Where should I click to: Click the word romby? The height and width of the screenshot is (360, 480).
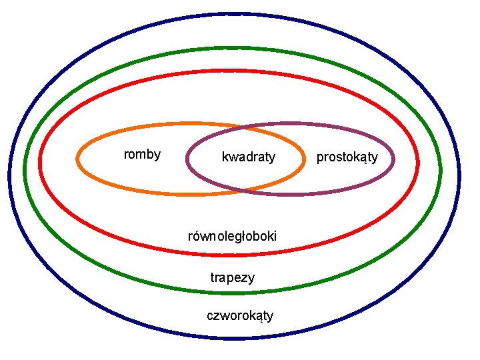click(142, 155)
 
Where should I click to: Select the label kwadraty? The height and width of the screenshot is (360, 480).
click(248, 157)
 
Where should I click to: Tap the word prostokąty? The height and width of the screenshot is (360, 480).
click(347, 157)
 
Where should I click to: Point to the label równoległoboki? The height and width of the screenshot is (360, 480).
click(232, 236)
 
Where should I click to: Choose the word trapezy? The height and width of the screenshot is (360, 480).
click(232, 277)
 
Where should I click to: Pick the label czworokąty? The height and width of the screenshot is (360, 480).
click(240, 315)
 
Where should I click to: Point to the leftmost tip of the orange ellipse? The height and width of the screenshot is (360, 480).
click(78, 159)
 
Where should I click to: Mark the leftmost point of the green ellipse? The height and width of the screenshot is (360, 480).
click(25, 169)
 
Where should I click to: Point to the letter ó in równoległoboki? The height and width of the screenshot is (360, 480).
click(200, 236)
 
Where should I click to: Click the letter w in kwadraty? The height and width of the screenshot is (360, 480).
click(231, 158)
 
